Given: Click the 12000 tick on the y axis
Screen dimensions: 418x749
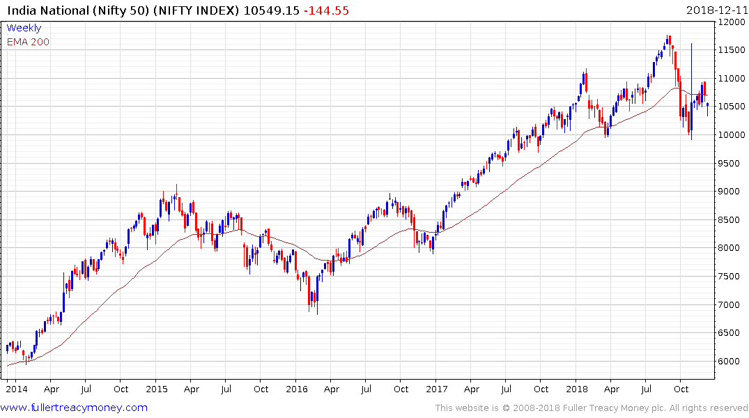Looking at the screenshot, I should coord(732,22).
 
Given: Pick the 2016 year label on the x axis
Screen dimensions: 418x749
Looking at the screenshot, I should coord(297,389).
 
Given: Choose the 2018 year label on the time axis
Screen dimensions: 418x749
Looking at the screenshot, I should coord(578,389).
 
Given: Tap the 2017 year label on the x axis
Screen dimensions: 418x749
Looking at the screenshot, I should coord(437,389).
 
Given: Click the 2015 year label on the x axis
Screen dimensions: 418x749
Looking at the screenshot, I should coord(156,389).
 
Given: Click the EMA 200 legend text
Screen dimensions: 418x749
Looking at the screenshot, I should coord(28,42).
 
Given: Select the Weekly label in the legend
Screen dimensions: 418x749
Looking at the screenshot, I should coord(24,29).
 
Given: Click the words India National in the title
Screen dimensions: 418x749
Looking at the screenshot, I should coord(43,10).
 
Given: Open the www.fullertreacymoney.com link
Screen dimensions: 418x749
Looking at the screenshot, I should coord(75,408).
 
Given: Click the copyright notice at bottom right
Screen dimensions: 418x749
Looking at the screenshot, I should coord(592,408).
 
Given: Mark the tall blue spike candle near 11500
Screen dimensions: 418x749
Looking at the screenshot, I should coord(691,70).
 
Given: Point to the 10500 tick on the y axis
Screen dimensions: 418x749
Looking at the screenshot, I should coord(732,107).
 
